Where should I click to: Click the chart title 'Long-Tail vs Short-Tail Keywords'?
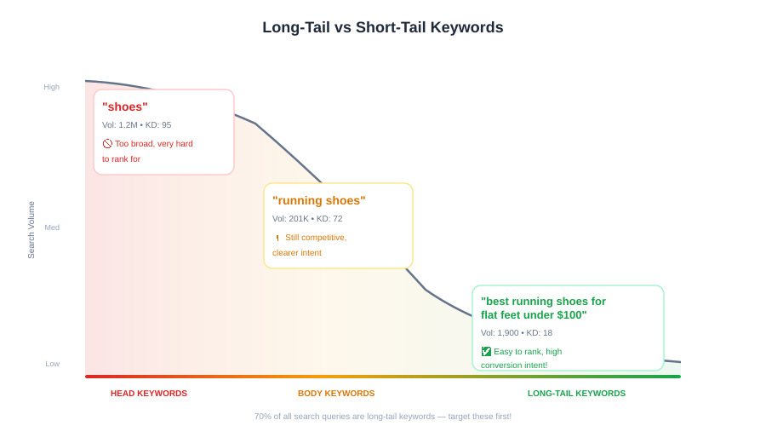382,27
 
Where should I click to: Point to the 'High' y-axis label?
51,87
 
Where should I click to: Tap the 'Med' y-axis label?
52,227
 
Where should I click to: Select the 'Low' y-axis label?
52,364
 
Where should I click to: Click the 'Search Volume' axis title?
31,230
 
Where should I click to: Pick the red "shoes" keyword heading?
124,106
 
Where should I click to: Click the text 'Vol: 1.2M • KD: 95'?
137,125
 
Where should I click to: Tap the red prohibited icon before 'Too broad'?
107,144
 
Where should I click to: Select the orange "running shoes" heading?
318,200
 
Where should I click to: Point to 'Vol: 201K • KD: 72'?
307,219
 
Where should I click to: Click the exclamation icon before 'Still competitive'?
277,238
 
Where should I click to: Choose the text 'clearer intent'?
297,253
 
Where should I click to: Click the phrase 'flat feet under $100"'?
534,315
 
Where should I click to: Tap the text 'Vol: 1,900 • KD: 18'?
517,333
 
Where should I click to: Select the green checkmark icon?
486,352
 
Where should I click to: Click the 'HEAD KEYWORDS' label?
148,394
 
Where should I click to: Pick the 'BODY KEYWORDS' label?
336,394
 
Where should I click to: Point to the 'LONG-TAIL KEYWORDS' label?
576,394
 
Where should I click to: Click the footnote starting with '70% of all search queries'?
382,417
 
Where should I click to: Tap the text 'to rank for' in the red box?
121,159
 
